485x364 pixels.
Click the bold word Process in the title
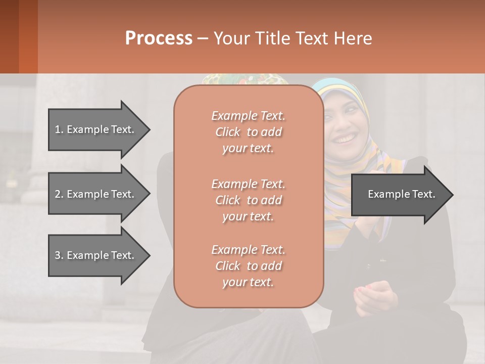159,38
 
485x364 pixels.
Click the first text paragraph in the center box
248,132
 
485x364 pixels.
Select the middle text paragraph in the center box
248,200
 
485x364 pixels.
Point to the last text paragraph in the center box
248,266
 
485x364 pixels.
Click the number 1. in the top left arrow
59,129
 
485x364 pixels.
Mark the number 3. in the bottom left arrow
59,255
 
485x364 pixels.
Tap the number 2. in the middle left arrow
59,194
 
